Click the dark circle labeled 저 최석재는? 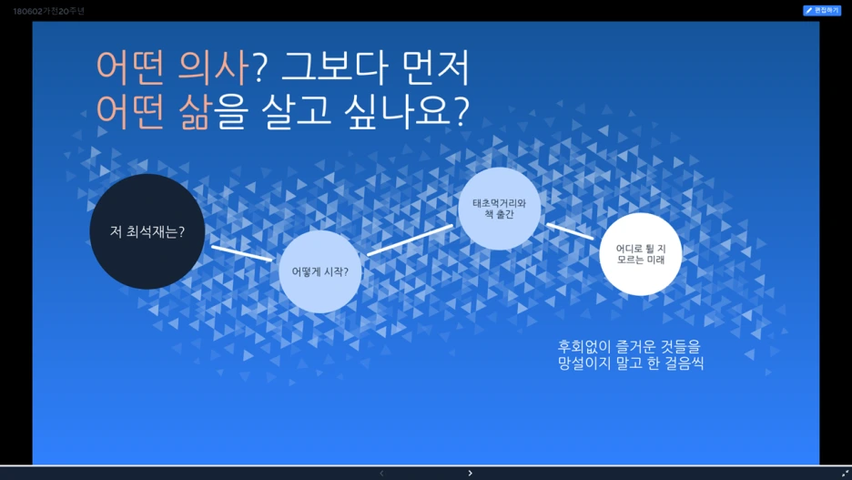147,231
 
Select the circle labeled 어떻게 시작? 319,271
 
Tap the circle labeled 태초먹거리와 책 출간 499,209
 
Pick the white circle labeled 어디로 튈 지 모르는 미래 641,254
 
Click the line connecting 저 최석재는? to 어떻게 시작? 241,252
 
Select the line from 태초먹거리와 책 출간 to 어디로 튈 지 570,231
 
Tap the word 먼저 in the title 439,66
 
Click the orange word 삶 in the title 190,111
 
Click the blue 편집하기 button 821,10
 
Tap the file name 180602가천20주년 48,11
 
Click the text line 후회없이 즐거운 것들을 630,346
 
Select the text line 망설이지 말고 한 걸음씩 631,363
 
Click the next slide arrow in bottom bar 470,473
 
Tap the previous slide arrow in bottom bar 381,473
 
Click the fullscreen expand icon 844,473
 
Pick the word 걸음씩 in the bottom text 682,363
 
